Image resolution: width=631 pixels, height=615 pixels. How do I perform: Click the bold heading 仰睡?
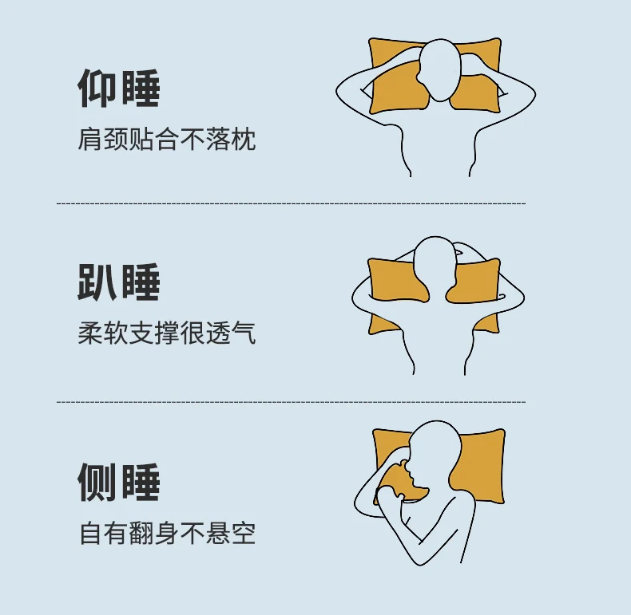pyautogui.click(x=119, y=89)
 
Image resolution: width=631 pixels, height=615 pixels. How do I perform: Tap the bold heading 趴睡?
pyautogui.click(x=119, y=282)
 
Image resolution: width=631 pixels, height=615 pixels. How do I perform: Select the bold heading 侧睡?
pyautogui.click(x=119, y=482)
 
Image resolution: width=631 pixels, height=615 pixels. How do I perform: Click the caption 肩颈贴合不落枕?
pyautogui.click(x=167, y=140)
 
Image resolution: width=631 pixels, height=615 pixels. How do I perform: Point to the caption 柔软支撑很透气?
pyautogui.click(x=167, y=333)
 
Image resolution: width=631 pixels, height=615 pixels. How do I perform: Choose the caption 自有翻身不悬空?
pyautogui.click(x=168, y=533)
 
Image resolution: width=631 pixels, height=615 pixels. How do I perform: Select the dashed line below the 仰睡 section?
pyautogui.click(x=291, y=203)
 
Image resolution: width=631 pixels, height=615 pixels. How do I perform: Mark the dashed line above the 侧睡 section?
pyautogui.click(x=291, y=402)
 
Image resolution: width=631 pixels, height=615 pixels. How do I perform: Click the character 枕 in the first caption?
pyautogui.click(x=244, y=140)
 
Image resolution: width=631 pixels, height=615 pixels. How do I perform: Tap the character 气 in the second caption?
pyautogui.click(x=244, y=333)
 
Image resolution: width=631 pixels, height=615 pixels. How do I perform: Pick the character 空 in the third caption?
pyautogui.click(x=244, y=533)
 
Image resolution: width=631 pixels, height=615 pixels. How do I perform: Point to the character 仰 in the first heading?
pyautogui.click(x=97, y=89)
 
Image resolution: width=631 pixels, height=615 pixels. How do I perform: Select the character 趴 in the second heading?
pyautogui.click(x=97, y=282)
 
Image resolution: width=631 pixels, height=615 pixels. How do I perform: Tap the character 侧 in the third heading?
pyautogui.click(x=97, y=482)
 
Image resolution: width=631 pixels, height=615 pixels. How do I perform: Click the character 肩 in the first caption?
pyautogui.click(x=89, y=140)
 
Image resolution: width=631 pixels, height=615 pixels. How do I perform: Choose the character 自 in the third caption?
pyautogui.click(x=91, y=533)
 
